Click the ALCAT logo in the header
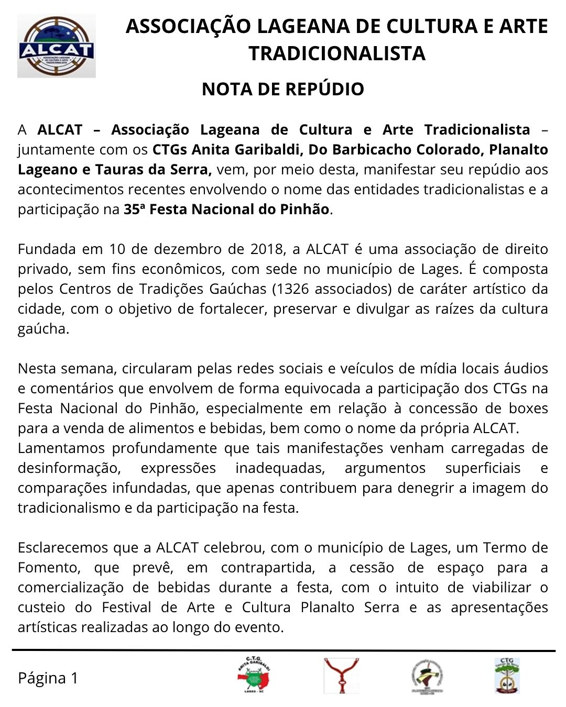57,46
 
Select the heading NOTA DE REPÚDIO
282,90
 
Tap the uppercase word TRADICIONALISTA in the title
336,53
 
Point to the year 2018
267,249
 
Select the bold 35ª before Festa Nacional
134,209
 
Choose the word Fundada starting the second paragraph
43,249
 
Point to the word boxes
529,408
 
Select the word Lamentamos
58,448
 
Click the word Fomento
47,568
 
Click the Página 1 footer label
48,678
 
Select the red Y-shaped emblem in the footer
341,676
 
